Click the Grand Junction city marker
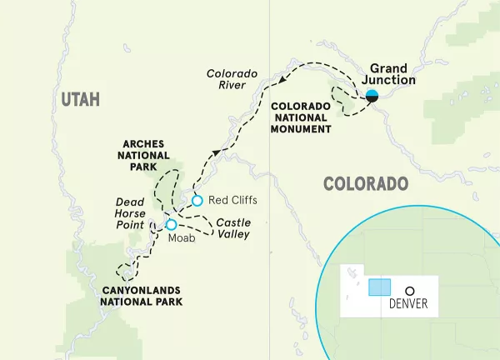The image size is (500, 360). pyautogui.click(x=372, y=95)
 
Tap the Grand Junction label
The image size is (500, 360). pyautogui.click(x=389, y=75)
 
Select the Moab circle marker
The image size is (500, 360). pyautogui.click(x=171, y=224)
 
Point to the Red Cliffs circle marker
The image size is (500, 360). pyautogui.click(x=197, y=200)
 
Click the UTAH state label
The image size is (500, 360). pyautogui.click(x=80, y=99)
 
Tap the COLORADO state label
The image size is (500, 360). pyautogui.click(x=365, y=183)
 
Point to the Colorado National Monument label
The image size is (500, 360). pyautogui.click(x=301, y=117)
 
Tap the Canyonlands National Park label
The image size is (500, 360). pyautogui.click(x=141, y=296)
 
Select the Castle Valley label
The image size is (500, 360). pyautogui.click(x=232, y=228)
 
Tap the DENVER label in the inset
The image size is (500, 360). pyautogui.click(x=409, y=304)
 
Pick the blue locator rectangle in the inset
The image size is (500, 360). pyautogui.click(x=379, y=287)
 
